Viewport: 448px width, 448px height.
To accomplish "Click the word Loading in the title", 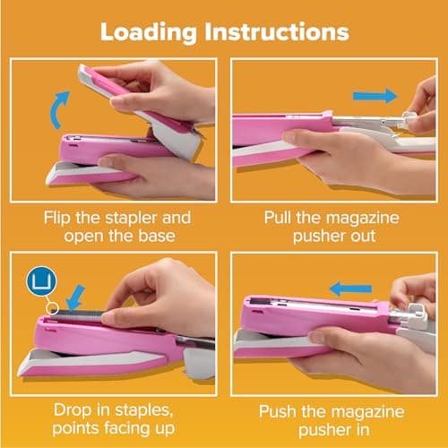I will click(x=148, y=31).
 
